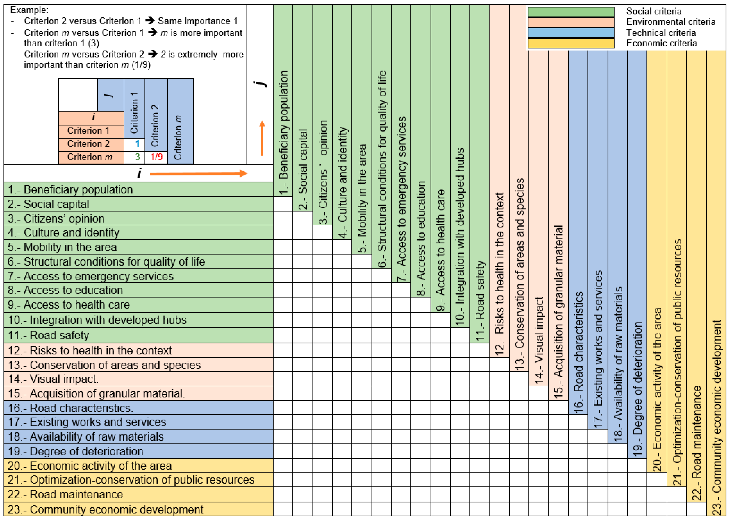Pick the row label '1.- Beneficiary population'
[x=70, y=190]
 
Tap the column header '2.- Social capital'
[x=303, y=169]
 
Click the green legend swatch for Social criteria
[x=571, y=12]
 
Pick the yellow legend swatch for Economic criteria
[x=571, y=43]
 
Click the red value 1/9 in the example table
[x=156, y=157]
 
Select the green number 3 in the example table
[x=137, y=157]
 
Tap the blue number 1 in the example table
[x=137, y=144]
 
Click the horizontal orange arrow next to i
[x=198, y=173]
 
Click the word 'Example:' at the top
[x=29, y=10]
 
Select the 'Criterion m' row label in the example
[x=90, y=157]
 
